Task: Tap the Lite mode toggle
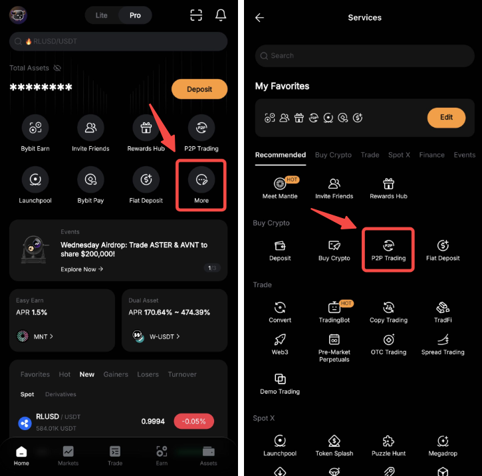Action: [102, 15]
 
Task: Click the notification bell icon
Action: [221, 15]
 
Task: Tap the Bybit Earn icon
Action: [35, 128]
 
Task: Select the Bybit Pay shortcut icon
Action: [90, 179]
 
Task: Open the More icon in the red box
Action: [201, 179]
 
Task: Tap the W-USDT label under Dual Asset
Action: [162, 337]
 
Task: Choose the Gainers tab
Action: [116, 374]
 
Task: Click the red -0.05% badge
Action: [193, 421]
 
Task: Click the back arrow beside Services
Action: [259, 17]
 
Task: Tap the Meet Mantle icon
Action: [280, 183]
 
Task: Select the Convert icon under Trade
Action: [280, 307]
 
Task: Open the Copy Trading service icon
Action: [388, 307]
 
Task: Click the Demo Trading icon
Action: [280, 378]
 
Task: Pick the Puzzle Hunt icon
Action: [388, 441]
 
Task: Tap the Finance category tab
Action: [432, 155]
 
